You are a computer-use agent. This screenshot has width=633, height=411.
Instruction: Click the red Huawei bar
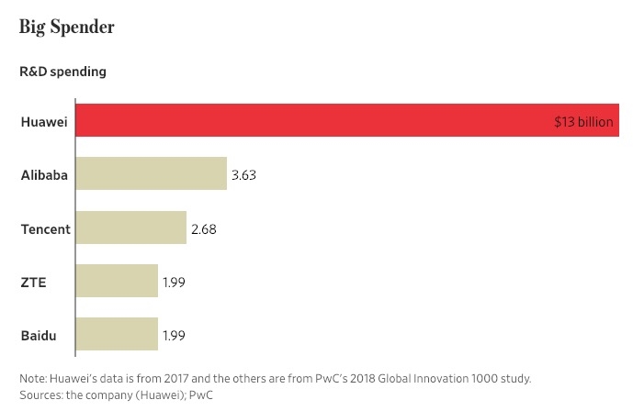[312, 120]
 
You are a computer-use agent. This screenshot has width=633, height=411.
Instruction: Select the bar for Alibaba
[151, 173]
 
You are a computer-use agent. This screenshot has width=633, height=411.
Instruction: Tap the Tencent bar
[130, 228]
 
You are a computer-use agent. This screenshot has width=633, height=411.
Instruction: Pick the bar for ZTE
[117, 282]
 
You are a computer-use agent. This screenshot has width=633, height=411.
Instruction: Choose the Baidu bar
[117, 335]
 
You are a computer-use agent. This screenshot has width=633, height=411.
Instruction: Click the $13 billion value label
[583, 121]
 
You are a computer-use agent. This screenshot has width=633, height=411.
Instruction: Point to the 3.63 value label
[243, 174]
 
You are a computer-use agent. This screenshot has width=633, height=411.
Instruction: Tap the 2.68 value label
[203, 228]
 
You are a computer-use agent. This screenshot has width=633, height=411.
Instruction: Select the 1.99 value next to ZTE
[175, 282]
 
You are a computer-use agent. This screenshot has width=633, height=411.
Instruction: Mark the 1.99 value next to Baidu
[175, 335]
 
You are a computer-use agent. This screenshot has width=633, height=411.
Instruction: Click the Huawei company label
[43, 121]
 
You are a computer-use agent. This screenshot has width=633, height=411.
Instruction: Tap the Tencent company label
[45, 228]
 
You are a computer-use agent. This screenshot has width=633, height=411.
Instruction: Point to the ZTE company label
[33, 282]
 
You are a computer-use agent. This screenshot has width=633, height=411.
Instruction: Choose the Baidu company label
[39, 335]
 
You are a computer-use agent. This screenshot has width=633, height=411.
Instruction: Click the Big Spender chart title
[66, 27]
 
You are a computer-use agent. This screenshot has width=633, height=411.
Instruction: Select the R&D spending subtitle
[63, 71]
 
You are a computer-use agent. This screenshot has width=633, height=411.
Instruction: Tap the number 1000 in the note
[474, 378]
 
